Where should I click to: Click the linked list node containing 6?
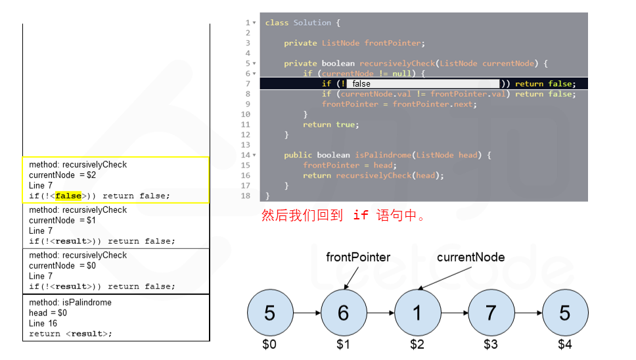(x=343, y=313)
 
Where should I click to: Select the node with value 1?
(x=417, y=313)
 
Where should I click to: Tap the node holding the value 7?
(x=491, y=313)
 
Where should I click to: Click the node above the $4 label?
(x=565, y=313)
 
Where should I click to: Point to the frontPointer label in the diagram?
(x=358, y=258)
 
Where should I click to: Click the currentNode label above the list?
(x=470, y=258)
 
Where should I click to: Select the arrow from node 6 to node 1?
(x=380, y=313)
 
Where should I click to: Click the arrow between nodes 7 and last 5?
(x=528, y=313)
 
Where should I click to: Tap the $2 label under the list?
(x=417, y=344)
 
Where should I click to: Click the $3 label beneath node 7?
(x=491, y=344)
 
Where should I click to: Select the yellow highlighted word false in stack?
(x=68, y=196)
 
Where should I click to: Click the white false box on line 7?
(x=422, y=83)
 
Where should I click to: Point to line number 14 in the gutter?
(x=246, y=155)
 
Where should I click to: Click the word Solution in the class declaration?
(x=312, y=22)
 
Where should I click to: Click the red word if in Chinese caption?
(x=360, y=215)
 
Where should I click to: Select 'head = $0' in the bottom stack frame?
(x=48, y=313)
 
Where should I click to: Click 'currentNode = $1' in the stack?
(x=62, y=220)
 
